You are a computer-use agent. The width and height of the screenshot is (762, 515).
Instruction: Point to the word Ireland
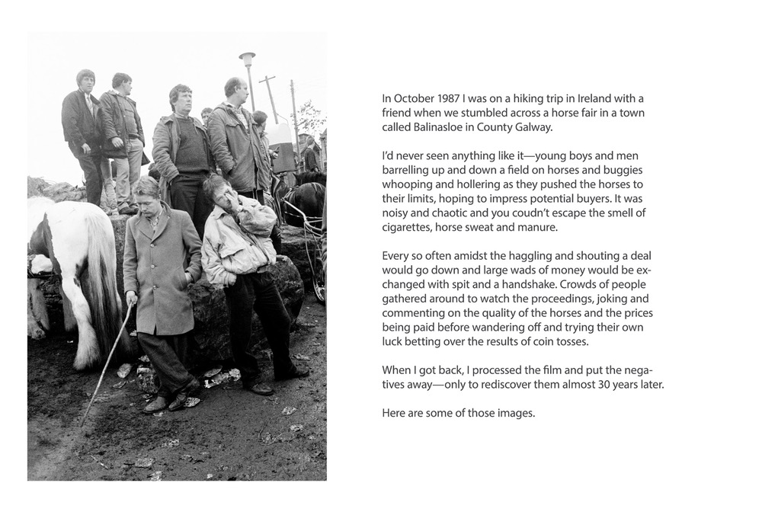tap(588, 99)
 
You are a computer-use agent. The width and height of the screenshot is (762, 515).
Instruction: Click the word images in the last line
tap(518, 413)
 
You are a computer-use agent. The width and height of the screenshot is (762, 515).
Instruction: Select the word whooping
tap(407, 184)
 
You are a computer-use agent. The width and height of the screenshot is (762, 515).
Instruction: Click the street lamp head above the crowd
tap(247, 58)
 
